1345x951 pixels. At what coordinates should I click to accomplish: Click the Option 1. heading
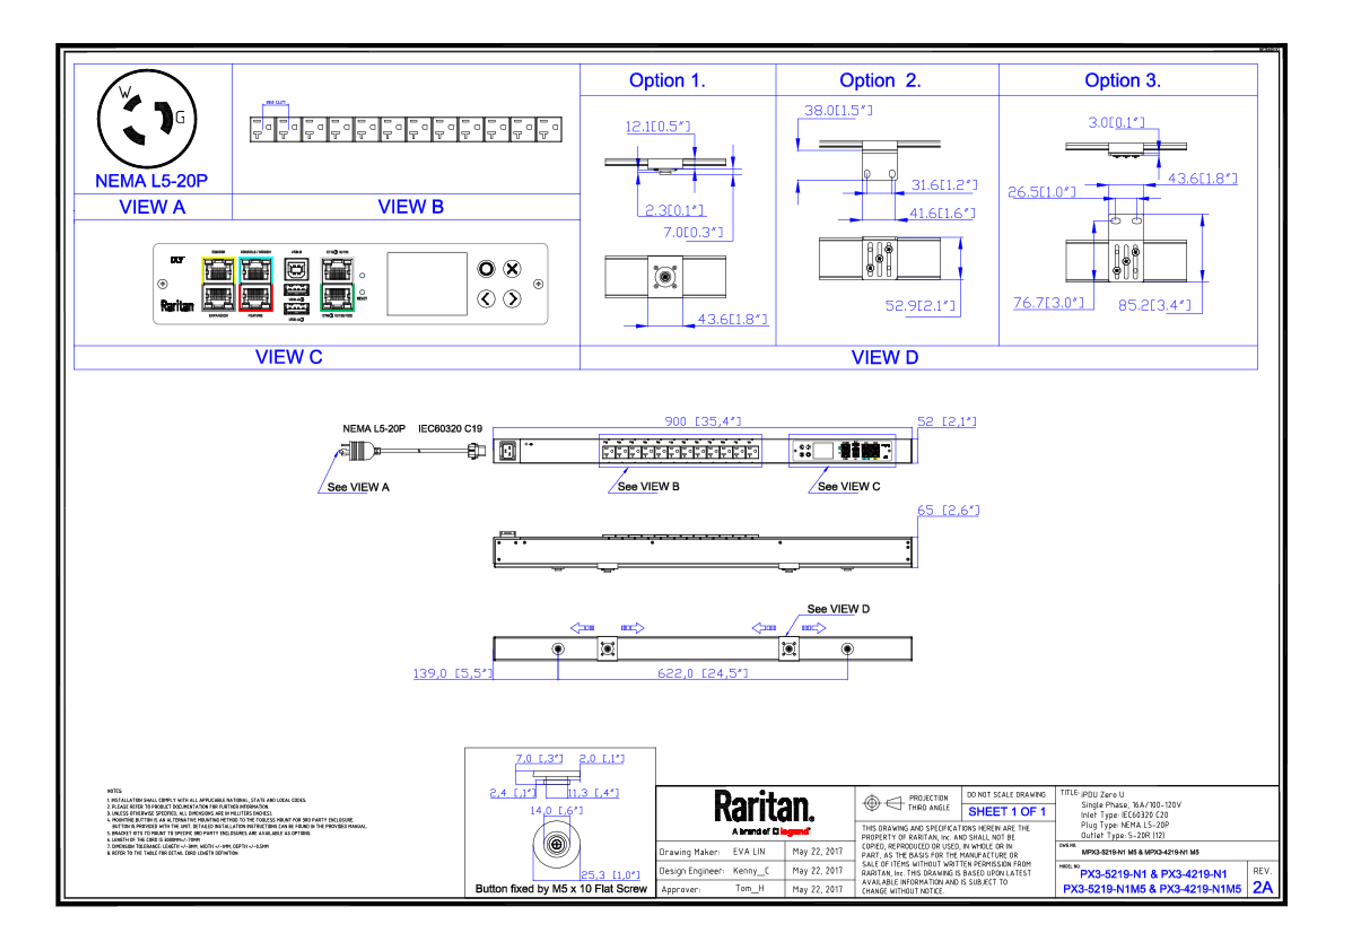click(x=666, y=80)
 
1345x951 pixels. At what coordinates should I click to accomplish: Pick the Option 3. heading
click(x=1122, y=80)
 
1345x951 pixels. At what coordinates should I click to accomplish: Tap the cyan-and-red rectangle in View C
click(x=256, y=284)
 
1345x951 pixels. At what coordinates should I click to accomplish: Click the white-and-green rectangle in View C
click(x=337, y=284)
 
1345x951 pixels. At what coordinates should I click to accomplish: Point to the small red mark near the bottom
click(x=794, y=831)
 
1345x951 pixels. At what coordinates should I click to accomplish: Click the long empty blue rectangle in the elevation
click(x=680, y=450)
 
